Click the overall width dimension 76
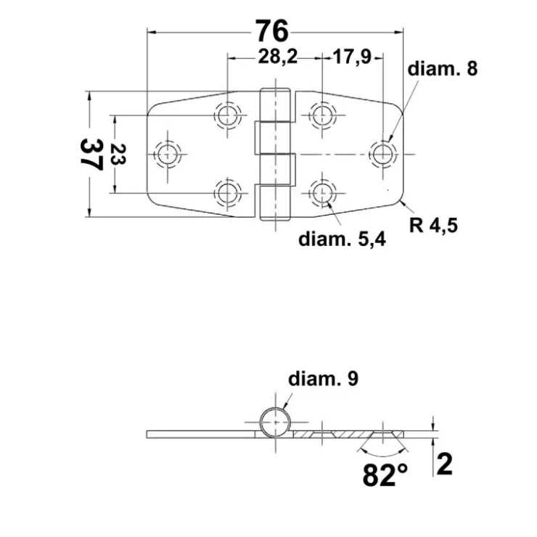tap(272, 30)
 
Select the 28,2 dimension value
tap(278, 57)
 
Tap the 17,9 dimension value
tap(353, 57)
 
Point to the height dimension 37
tap(91, 154)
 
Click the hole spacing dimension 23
tap(118, 154)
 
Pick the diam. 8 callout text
tap(442, 68)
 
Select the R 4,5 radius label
tap(433, 226)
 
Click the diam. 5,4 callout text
tap(342, 239)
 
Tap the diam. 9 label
tap(323, 379)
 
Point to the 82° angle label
tap(385, 475)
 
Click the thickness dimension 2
tap(445, 464)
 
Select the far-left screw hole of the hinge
tap(168, 155)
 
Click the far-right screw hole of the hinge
tap(383, 154)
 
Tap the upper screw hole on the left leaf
tap(228, 115)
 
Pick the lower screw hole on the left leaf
tap(228, 193)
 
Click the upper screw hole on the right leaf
tap(322, 115)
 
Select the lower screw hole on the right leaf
tap(322, 193)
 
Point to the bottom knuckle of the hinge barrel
tap(275, 203)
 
